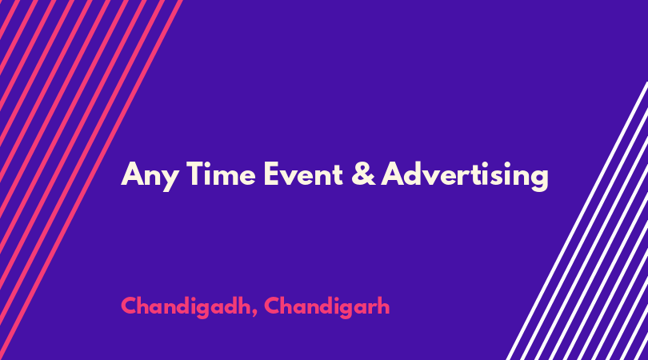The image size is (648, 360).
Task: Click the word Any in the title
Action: point(150,176)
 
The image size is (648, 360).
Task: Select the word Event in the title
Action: point(303,174)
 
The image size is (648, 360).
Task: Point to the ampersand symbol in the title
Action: point(364,174)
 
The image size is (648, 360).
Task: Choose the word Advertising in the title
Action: point(465,175)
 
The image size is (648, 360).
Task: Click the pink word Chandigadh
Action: point(186,307)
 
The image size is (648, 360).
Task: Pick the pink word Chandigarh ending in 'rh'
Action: point(327,307)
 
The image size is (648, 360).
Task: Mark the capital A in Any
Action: point(132,174)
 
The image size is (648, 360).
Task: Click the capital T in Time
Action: point(195,174)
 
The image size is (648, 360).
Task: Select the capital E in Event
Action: point(271,174)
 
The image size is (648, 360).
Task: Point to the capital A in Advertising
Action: point(393,174)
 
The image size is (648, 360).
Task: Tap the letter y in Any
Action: point(170,180)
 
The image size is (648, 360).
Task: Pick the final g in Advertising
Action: point(539,180)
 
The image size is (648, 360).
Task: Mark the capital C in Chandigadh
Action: point(129,306)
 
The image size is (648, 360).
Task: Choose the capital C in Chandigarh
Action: point(272,306)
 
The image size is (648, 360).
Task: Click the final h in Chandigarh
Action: point(383,306)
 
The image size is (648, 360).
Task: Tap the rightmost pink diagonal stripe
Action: point(91,180)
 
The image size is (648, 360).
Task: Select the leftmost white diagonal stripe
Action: point(578,221)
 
